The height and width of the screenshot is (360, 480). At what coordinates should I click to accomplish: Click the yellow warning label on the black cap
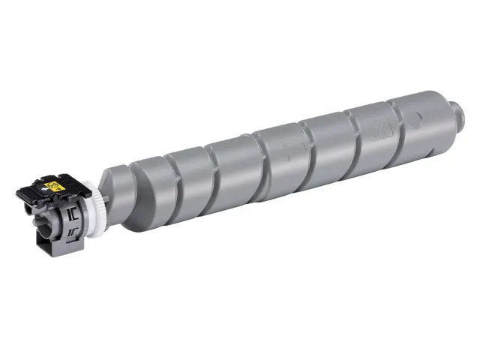(x=54, y=181)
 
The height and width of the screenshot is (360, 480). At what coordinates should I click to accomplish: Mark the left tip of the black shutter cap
(x=19, y=194)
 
